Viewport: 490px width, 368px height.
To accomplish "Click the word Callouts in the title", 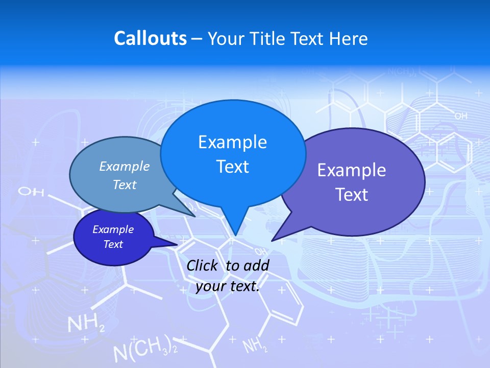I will pyautogui.click(x=150, y=38).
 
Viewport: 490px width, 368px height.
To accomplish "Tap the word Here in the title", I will pyautogui.click(x=349, y=38).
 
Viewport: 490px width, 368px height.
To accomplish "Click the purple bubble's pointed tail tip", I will pyautogui.click(x=272, y=240).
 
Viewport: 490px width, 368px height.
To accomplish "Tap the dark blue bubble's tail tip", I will pyautogui.click(x=176, y=244).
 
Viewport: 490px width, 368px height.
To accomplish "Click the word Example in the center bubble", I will pyautogui.click(x=232, y=142).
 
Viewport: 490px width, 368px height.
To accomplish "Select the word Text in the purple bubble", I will pyautogui.click(x=351, y=195).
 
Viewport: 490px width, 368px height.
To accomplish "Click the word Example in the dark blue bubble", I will pyautogui.click(x=113, y=229).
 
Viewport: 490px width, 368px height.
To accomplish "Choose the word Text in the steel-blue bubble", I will pyautogui.click(x=125, y=185).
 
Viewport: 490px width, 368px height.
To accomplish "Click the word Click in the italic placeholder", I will pyautogui.click(x=204, y=265).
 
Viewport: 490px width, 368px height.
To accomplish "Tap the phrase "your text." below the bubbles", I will pyautogui.click(x=228, y=286).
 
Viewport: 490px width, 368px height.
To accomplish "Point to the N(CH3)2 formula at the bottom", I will pyautogui.click(x=145, y=350).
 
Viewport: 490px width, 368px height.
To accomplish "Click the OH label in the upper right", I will pyautogui.click(x=460, y=117).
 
